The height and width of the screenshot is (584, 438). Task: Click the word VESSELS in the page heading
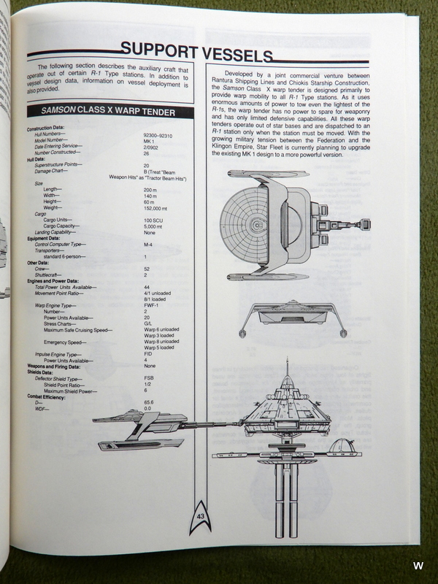(x=234, y=54)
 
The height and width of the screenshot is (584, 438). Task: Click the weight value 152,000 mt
(x=156, y=208)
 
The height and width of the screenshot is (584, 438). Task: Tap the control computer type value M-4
(x=148, y=244)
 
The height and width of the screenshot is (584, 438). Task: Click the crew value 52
(x=147, y=269)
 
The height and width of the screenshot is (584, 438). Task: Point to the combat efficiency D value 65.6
(x=149, y=402)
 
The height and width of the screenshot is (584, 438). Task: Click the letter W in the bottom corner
(x=418, y=566)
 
